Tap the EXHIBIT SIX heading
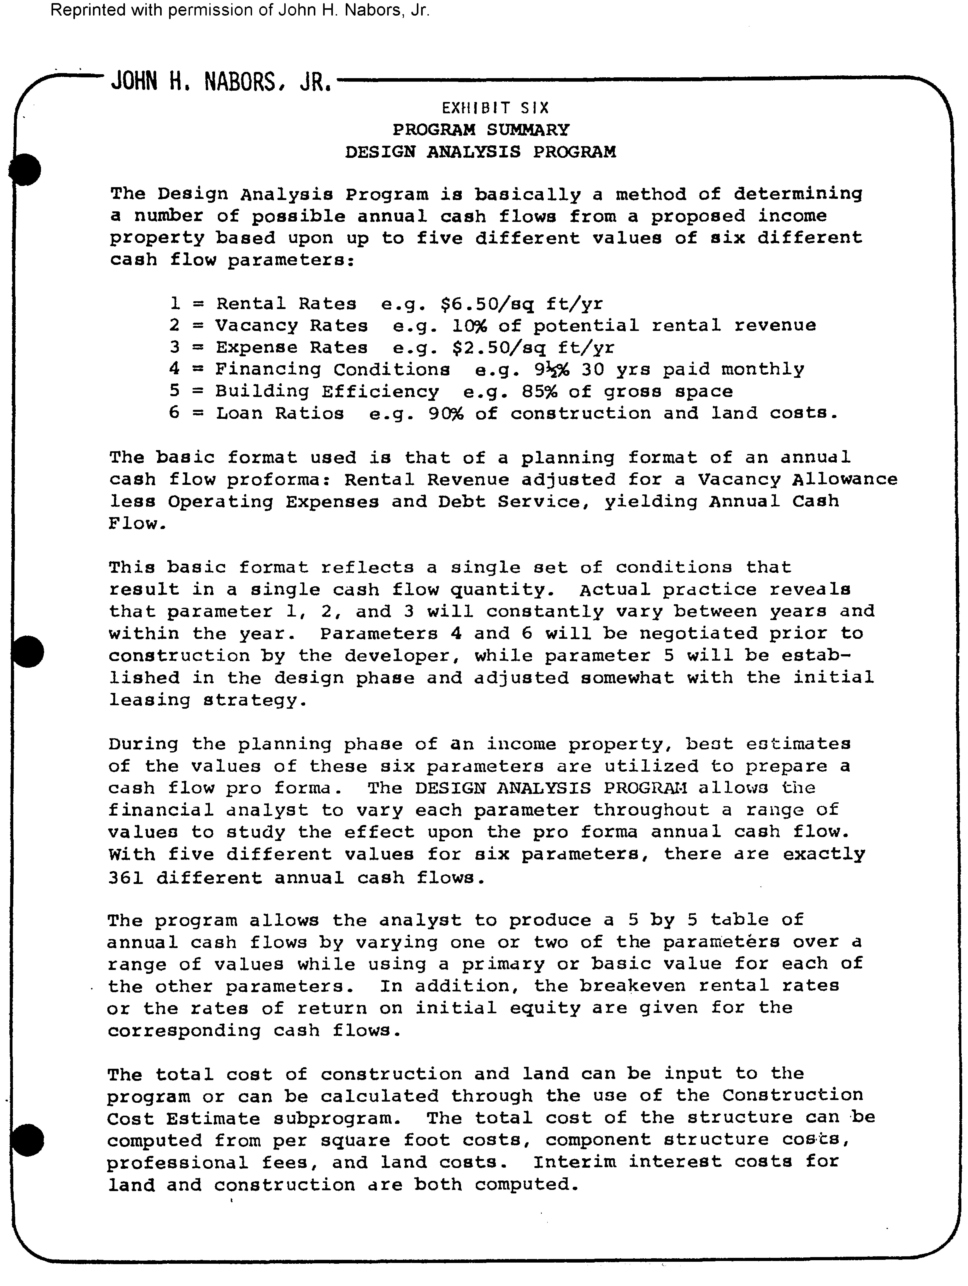495,108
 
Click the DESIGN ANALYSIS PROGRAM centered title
480,152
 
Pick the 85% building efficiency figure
539,391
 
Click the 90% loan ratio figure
446,413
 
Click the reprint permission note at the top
240,11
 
